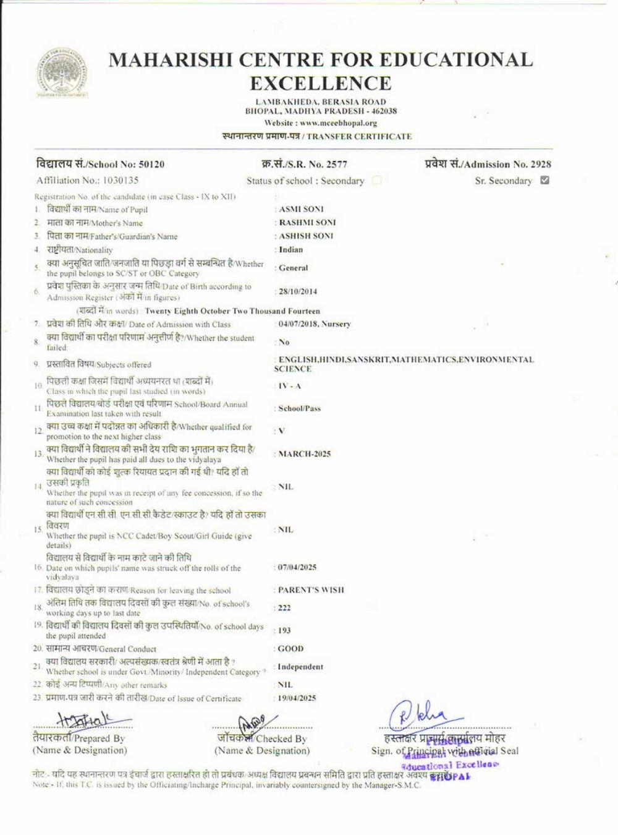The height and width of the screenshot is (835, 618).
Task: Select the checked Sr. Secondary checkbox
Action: [x=544, y=181]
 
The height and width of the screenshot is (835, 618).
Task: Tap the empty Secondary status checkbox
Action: [x=376, y=181]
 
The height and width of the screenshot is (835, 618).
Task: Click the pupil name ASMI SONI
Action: [x=301, y=209]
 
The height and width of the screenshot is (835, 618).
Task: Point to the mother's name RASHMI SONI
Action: [x=307, y=223]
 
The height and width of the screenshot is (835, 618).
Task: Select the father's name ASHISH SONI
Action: [x=306, y=236]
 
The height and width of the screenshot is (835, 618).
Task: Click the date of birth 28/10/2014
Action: [x=297, y=291]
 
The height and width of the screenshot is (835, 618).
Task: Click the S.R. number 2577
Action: [x=337, y=165]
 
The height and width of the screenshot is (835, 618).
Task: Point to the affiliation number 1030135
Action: [x=117, y=181]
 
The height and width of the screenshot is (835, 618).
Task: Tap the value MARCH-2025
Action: [x=304, y=454]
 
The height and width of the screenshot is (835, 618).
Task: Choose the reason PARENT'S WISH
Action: [x=311, y=590]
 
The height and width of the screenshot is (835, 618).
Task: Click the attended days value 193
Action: [x=284, y=630]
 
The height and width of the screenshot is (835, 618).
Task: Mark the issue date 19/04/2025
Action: [x=297, y=698]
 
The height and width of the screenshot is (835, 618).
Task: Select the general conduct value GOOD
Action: [x=290, y=649]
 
